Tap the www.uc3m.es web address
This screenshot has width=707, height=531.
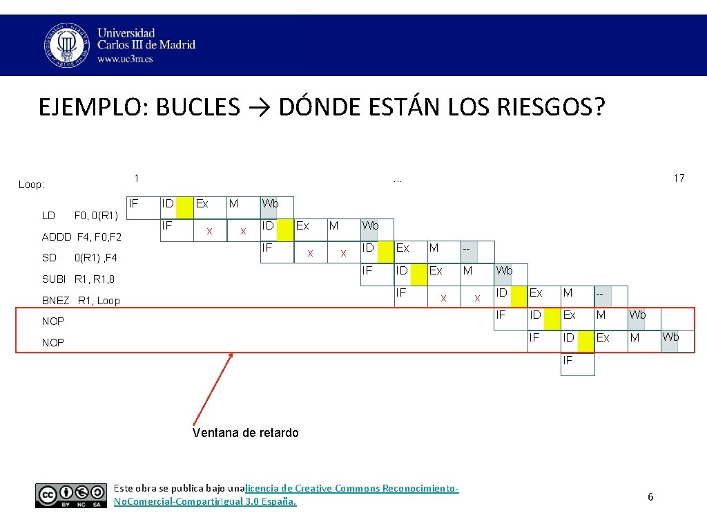125,59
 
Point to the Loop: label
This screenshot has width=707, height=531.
32,185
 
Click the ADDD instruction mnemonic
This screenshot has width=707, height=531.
57,237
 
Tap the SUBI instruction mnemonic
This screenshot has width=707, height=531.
54,279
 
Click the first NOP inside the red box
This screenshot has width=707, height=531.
53,322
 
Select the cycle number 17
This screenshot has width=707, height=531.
679,178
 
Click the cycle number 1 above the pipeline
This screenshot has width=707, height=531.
137,178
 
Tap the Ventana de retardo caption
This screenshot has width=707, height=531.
246,433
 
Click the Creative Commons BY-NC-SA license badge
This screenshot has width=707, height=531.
72,495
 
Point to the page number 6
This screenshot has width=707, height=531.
650,497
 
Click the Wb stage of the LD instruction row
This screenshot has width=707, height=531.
270,204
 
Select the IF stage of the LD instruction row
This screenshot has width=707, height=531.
134,203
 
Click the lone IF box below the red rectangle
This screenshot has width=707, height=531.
568,360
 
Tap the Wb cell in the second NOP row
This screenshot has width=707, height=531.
670,337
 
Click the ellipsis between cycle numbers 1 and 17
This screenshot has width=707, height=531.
397,179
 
